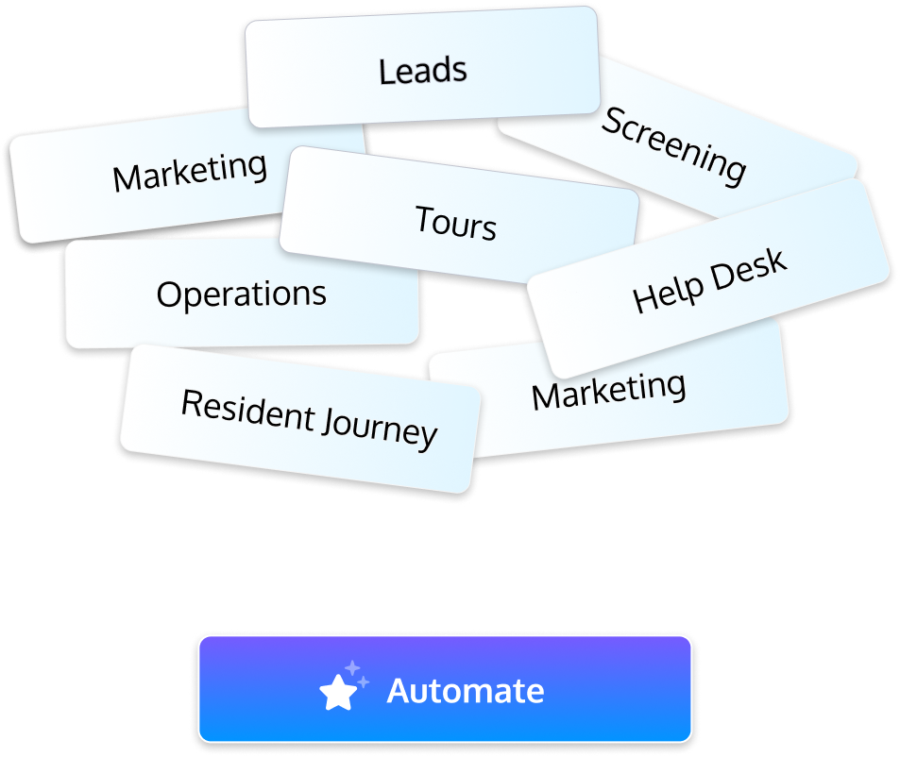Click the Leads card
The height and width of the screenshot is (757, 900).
pyautogui.click(x=422, y=71)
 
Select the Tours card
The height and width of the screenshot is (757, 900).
pyautogui.click(x=456, y=225)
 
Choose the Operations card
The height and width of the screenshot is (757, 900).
pyautogui.click(x=241, y=294)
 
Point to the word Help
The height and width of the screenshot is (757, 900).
pyautogui.click(x=668, y=292)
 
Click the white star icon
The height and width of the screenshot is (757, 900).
pyautogui.click(x=336, y=694)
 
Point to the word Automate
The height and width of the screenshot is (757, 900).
pyautogui.click(x=466, y=691)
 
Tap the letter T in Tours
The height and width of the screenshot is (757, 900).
pyautogui.click(x=422, y=220)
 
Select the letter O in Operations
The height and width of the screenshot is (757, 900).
pyautogui.click(x=167, y=295)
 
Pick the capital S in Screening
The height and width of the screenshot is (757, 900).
pyautogui.click(x=613, y=120)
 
